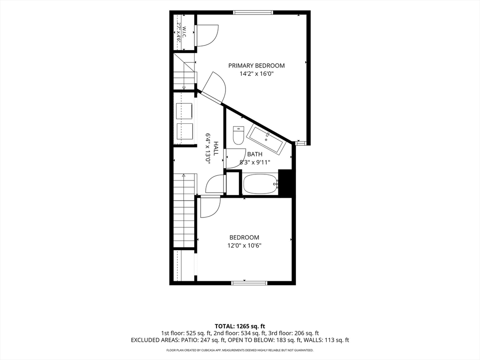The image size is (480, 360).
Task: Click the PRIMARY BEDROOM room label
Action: point(256,66)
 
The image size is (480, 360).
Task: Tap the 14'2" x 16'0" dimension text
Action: point(256,74)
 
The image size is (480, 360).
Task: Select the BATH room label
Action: point(255,154)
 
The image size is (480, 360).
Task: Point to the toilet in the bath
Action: point(238,135)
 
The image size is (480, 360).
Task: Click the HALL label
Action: point(216,149)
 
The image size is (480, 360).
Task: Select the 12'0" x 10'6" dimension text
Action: point(244,246)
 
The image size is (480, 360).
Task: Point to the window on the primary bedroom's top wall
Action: point(253,13)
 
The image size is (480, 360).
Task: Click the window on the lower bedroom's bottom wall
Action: point(249,283)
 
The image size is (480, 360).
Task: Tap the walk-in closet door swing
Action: point(207,36)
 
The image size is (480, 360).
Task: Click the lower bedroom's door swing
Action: point(210,208)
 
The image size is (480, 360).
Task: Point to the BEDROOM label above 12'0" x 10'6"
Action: point(244,237)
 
